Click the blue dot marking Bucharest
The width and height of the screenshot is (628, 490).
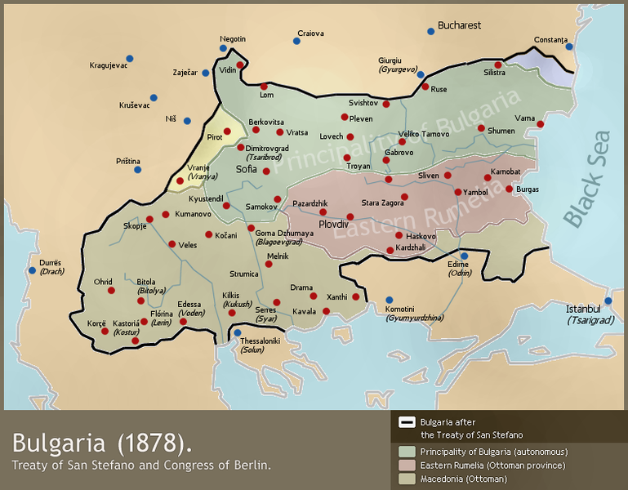tap(430, 31)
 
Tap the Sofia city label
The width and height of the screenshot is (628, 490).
tap(246, 169)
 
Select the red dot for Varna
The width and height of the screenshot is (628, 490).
tap(540, 124)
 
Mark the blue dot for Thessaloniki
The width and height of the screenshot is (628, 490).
tap(238, 332)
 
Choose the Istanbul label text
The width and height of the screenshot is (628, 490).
tap(584, 309)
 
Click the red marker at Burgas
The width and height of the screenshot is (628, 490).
tap(510, 189)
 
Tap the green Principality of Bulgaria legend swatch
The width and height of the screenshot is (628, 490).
tap(407, 452)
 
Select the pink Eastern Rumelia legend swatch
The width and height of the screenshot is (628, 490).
tap(407, 465)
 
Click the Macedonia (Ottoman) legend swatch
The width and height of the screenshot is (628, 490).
tap(407, 479)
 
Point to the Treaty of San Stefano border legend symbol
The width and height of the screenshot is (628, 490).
tap(407, 422)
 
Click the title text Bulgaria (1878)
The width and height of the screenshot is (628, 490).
tap(103, 443)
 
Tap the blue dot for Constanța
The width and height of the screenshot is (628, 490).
tap(569, 47)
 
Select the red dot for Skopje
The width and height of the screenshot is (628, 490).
tap(149, 219)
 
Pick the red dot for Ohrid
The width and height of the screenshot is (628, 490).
tap(111, 290)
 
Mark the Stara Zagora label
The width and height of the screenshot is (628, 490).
tap(383, 203)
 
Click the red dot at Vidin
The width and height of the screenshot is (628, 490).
tap(240, 65)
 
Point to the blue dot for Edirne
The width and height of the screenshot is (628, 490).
tap(463, 256)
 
